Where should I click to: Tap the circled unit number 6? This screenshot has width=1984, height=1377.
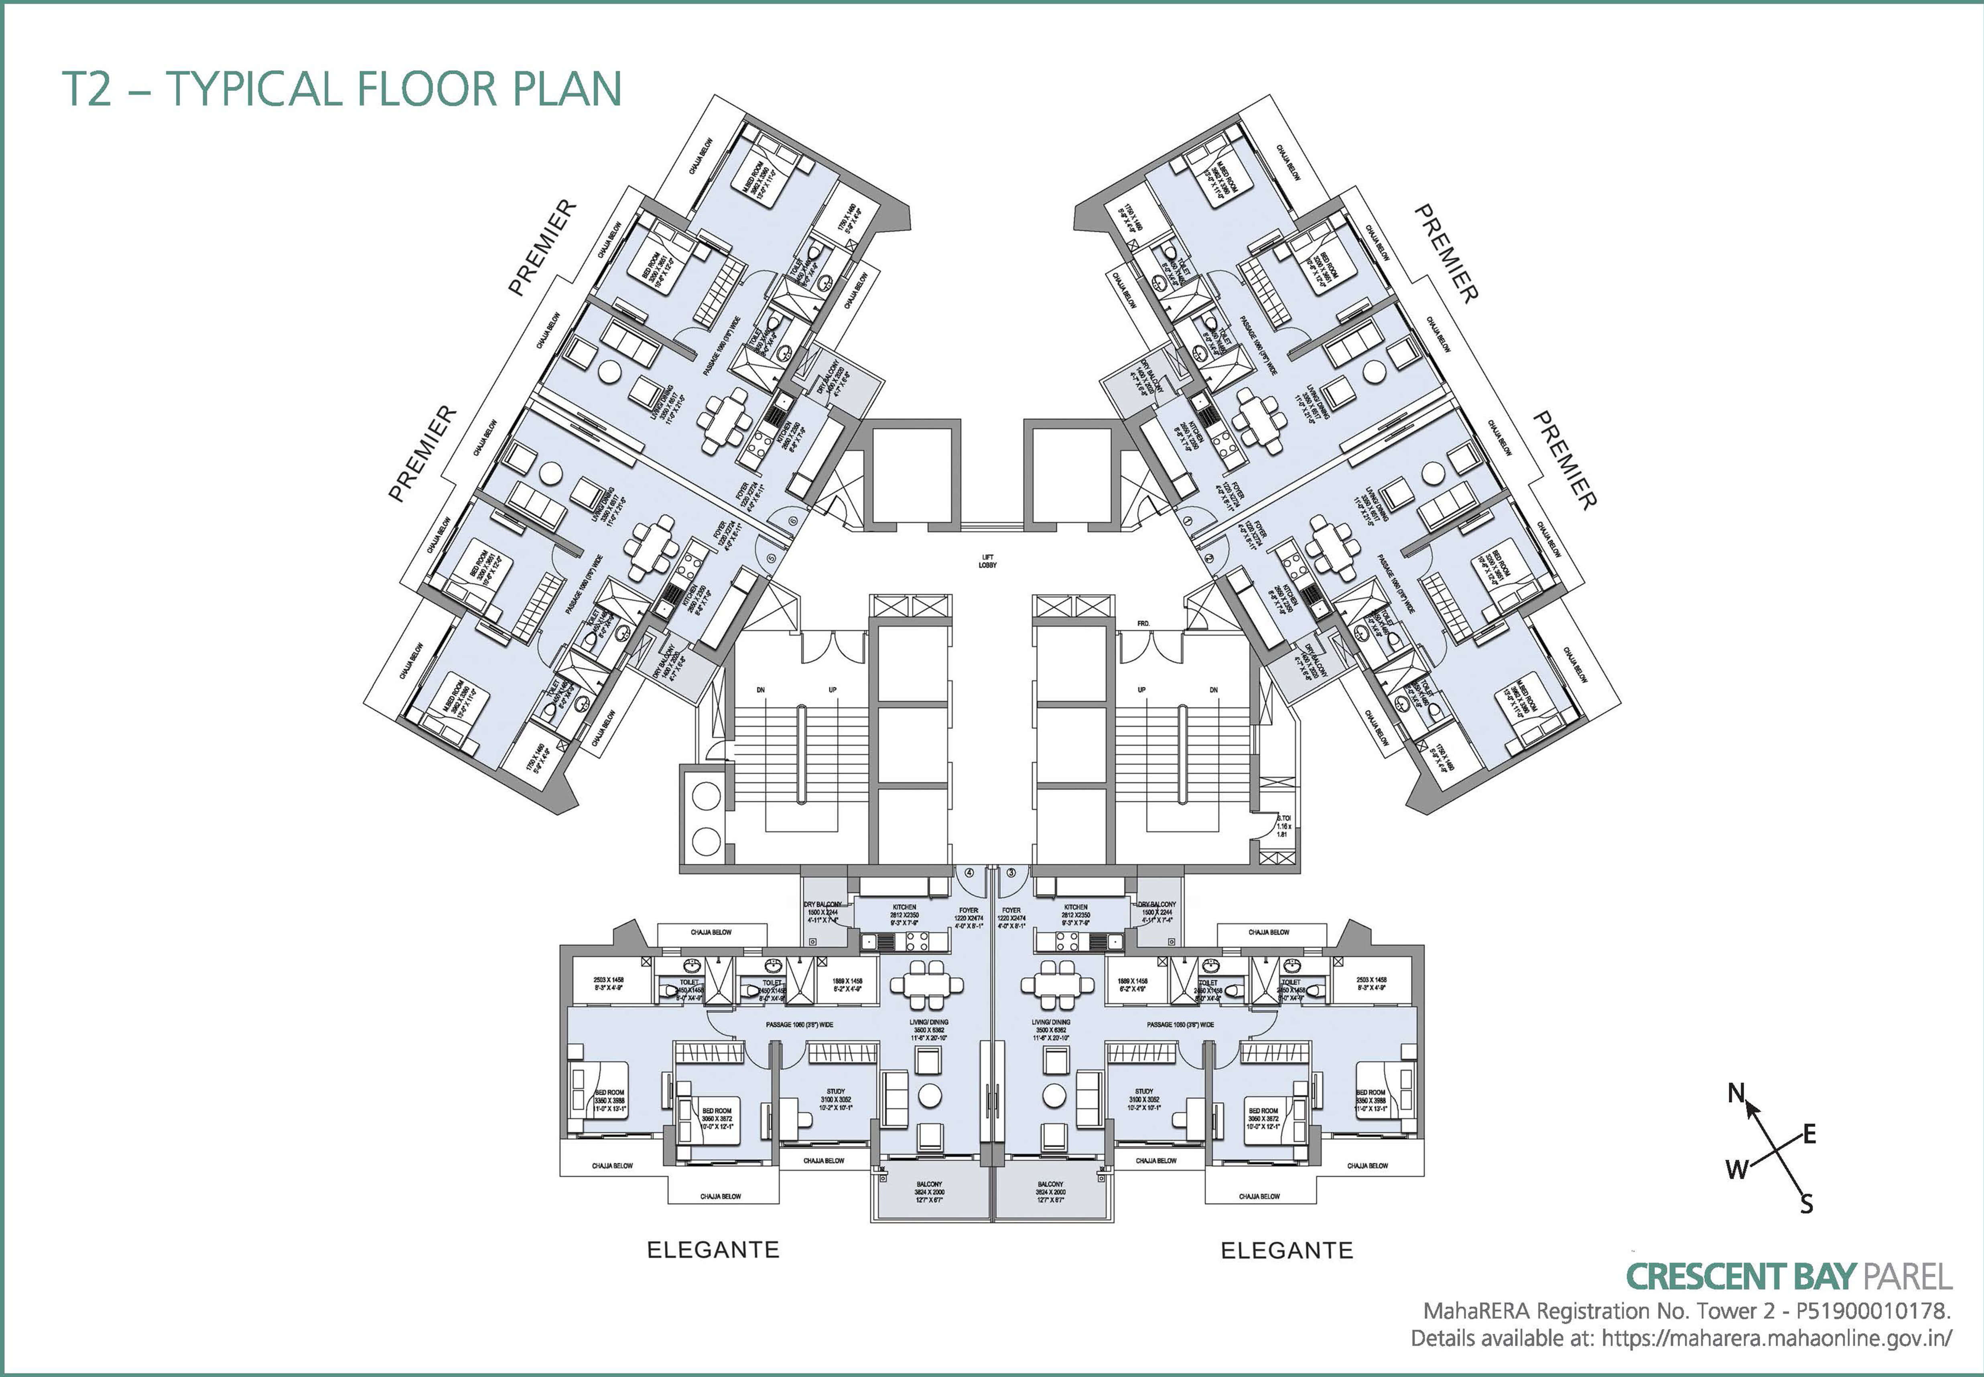click(793, 521)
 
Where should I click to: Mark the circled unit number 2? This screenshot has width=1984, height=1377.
click(1208, 558)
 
